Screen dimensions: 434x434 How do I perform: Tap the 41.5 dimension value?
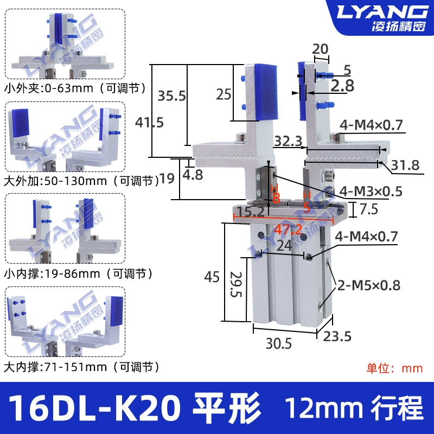pyautogui.click(x=149, y=122)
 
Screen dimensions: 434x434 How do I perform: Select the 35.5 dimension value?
pyautogui.click(x=171, y=96)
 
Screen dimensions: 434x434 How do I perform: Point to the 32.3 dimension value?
pyautogui.click(x=288, y=141)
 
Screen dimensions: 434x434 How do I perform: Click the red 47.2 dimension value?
pyautogui.click(x=288, y=229)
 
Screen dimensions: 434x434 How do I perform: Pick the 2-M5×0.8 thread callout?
pyautogui.click(x=369, y=285)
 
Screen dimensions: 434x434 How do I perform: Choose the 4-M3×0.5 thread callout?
pyautogui.click(x=371, y=192)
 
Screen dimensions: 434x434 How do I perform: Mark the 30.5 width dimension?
pyautogui.click(x=279, y=343)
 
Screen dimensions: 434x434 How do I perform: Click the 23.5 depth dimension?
pyautogui.click(x=337, y=336)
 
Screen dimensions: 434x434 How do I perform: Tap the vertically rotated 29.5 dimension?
pyautogui.click(x=236, y=284)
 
